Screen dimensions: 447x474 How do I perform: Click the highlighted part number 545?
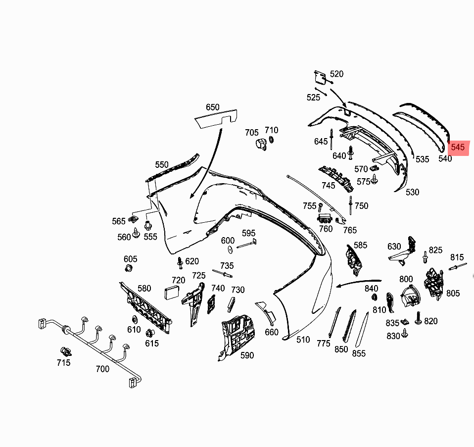click(458, 147)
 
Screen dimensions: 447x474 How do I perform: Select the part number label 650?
click(212, 107)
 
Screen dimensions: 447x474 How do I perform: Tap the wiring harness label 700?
click(102, 369)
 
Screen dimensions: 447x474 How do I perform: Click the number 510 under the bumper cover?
click(303, 340)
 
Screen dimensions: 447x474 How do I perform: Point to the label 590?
click(247, 355)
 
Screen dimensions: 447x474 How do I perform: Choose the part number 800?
click(406, 280)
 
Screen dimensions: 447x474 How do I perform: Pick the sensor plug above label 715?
click(65, 352)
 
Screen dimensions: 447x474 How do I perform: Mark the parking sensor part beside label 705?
click(260, 144)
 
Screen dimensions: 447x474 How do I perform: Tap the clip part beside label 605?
click(130, 269)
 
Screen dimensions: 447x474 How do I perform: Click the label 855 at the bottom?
click(359, 353)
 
